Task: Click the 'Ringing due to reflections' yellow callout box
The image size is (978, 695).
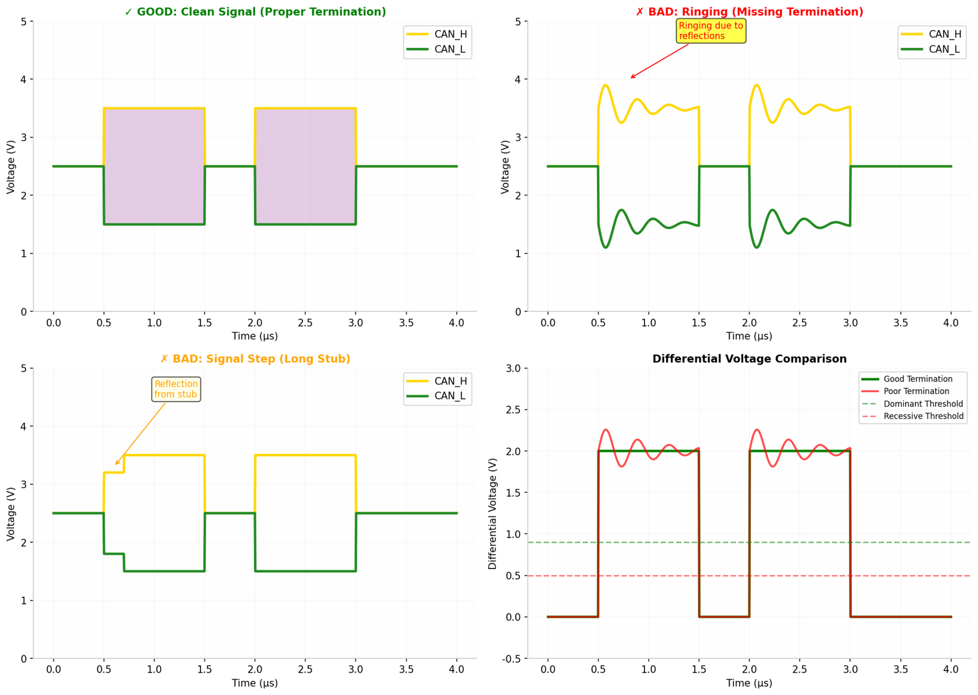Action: tap(711, 31)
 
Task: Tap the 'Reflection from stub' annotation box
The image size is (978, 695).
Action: tap(175, 389)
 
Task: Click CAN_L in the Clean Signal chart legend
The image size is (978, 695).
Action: tap(449, 49)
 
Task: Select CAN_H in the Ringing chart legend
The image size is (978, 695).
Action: tap(944, 34)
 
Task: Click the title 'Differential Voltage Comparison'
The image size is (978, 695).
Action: tap(749, 359)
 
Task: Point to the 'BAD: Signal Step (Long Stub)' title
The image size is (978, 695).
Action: tap(255, 359)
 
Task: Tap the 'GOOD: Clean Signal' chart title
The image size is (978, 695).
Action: tap(255, 12)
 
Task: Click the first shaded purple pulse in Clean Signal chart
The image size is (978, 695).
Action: tap(154, 166)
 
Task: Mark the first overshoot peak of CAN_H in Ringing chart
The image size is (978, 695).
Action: tap(605, 85)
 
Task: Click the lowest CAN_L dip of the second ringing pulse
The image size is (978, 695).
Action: tap(757, 248)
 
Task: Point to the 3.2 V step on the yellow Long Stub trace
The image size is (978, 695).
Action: tap(114, 472)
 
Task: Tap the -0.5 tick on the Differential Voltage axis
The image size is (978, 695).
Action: tap(513, 659)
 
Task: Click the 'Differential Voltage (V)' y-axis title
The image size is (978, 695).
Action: tap(493, 514)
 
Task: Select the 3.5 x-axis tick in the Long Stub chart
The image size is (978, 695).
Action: tap(406, 669)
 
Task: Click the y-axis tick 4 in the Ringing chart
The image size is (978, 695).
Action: tap(518, 79)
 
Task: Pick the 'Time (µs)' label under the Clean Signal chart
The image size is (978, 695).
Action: tap(255, 336)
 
